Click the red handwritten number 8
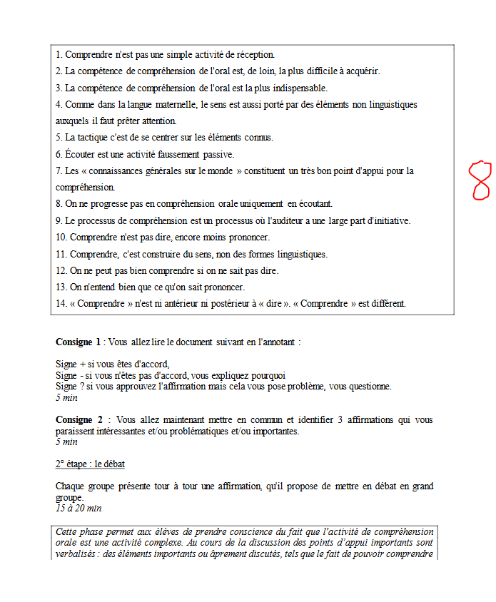point(480,180)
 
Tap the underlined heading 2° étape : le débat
point(90,464)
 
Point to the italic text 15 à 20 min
point(79,509)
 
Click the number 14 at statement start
point(61,303)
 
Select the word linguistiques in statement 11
point(298,253)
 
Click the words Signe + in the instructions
point(71,364)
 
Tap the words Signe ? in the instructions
point(70,387)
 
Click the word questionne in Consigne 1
point(366,387)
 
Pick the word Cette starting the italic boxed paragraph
point(69,532)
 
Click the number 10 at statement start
point(61,237)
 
